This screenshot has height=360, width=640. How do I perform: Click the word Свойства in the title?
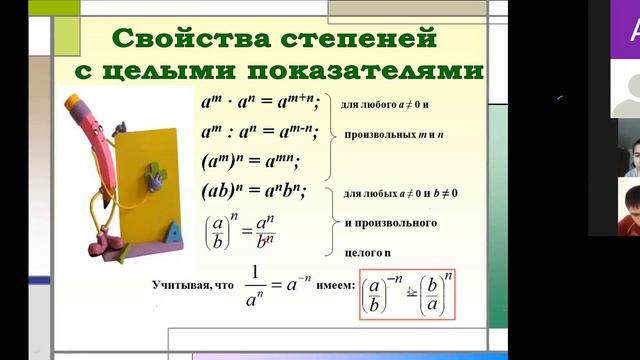(181, 41)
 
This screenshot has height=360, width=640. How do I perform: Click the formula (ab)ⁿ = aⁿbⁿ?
(254, 190)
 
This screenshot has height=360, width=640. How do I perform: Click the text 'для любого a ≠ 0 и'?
(383, 103)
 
